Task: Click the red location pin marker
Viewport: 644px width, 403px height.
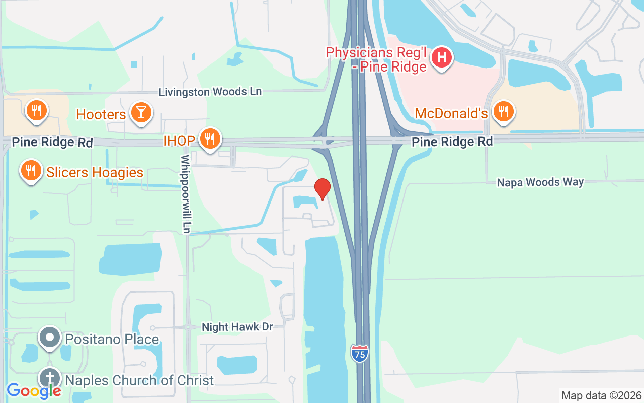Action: tap(322, 189)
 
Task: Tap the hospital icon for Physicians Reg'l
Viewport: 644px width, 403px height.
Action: tap(442, 58)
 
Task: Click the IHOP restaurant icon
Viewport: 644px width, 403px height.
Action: tap(210, 139)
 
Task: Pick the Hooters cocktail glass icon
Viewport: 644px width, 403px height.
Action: tap(141, 112)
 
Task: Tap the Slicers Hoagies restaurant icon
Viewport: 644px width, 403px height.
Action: tap(31, 171)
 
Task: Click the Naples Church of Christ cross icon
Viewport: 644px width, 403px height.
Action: tap(50, 378)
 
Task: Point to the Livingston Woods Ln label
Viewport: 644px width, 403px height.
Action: tap(210, 92)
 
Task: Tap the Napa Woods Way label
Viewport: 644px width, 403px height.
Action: tap(540, 182)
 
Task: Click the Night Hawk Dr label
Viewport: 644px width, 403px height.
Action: tap(237, 327)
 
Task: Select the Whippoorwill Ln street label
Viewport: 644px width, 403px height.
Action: tap(185, 194)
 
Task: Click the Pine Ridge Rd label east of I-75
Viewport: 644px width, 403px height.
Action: tap(452, 142)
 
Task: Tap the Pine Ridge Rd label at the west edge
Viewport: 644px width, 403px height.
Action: tap(52, 142)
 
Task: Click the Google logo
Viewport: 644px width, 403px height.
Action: tap(34, 390)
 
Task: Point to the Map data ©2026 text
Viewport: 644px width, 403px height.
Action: tap(601, 395)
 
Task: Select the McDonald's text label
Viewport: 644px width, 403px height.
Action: tap(451, 114)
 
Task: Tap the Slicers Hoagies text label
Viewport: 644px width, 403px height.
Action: tap(95, 173)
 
